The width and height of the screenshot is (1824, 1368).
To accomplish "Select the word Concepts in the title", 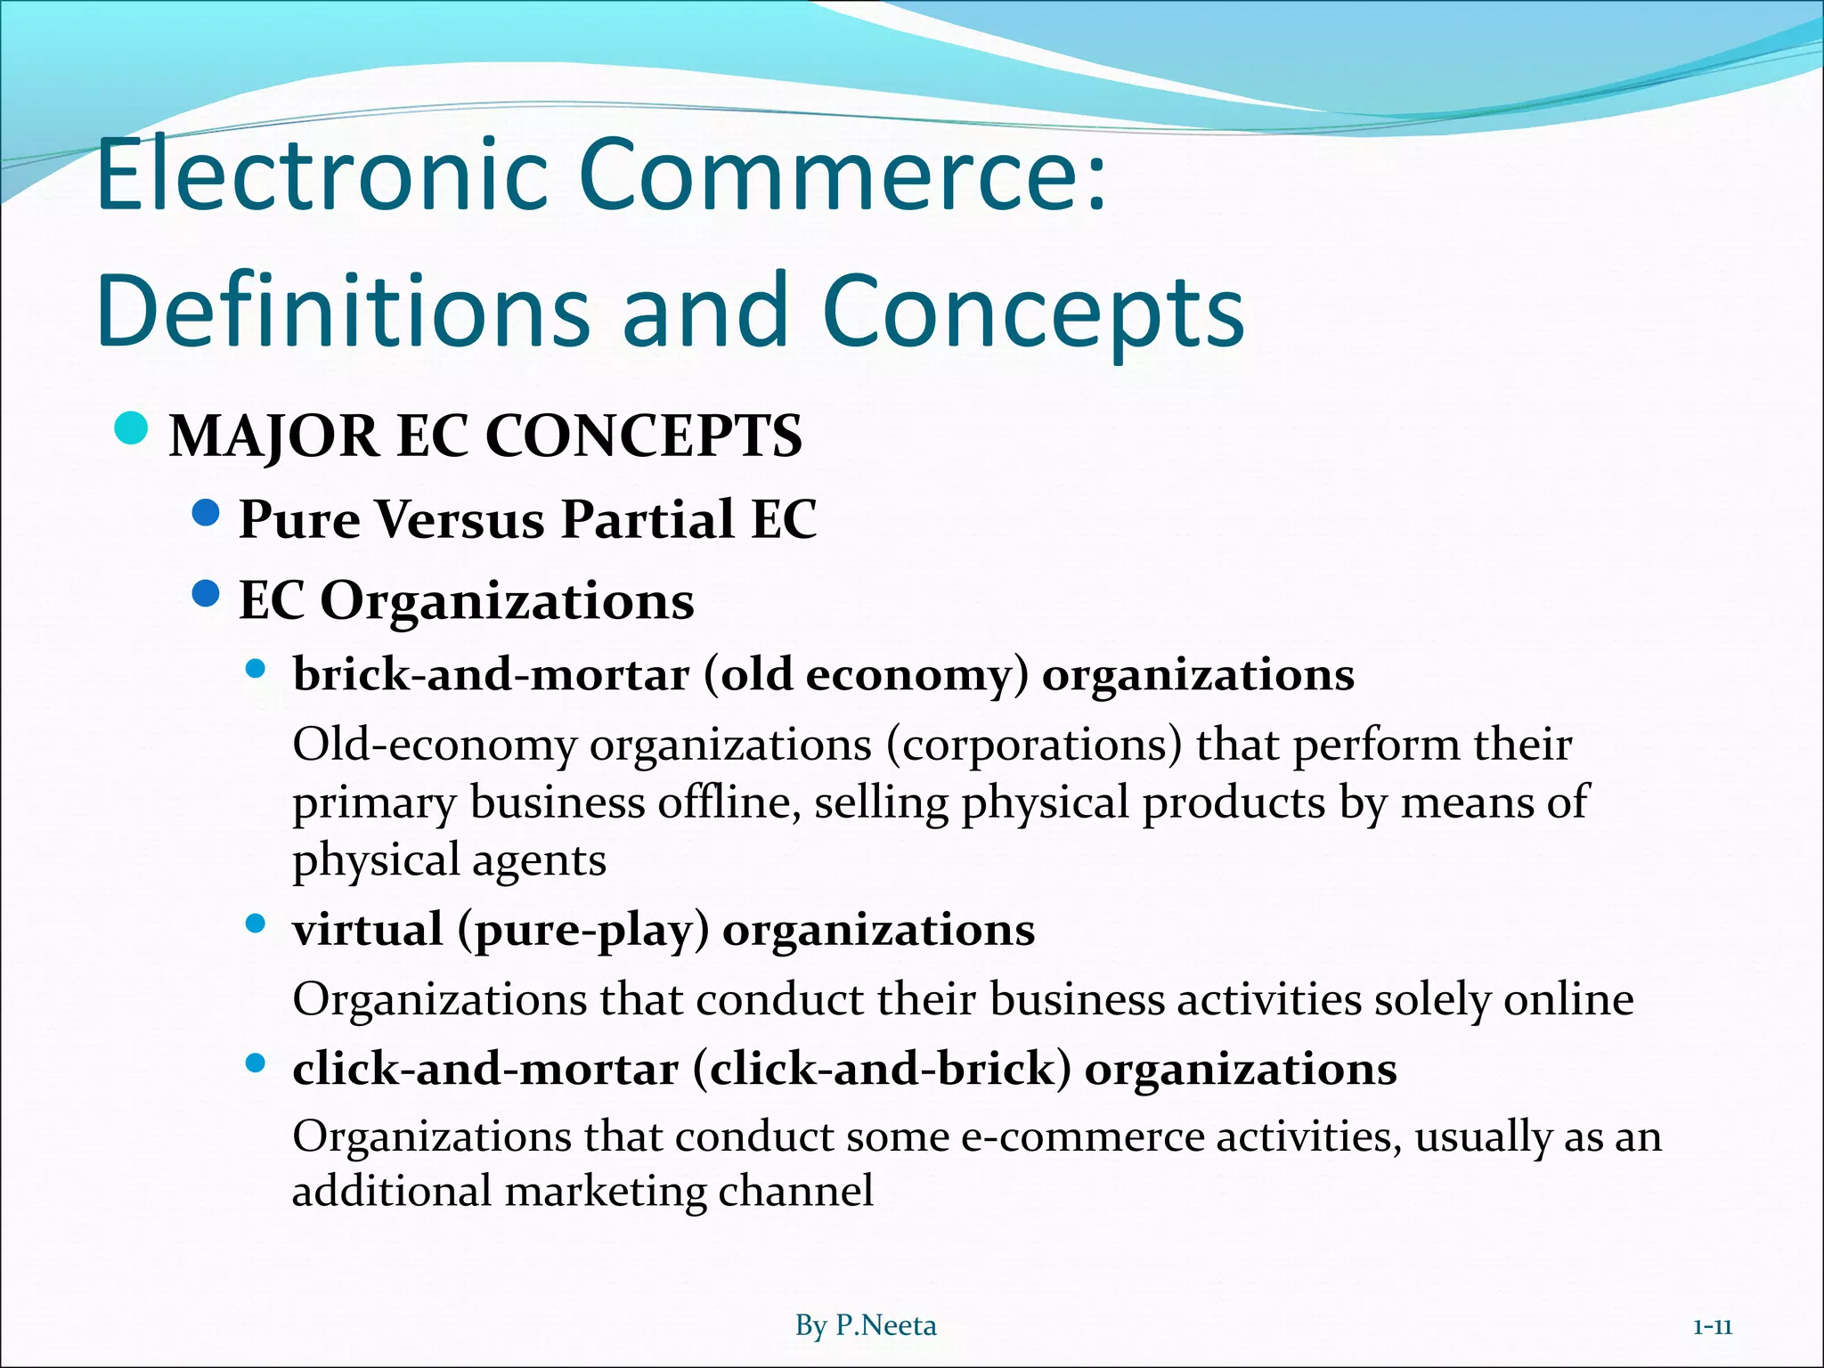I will click(1033, 312).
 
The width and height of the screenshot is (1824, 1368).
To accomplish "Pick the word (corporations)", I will click(1034, 745).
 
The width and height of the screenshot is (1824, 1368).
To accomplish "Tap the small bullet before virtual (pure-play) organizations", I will click(256, 925).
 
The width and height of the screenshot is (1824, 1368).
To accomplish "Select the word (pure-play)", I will click(583, 931).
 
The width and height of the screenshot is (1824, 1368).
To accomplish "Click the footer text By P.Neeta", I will click(865, 1326).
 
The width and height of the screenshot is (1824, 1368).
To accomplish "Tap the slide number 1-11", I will click(1712, 1327).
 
